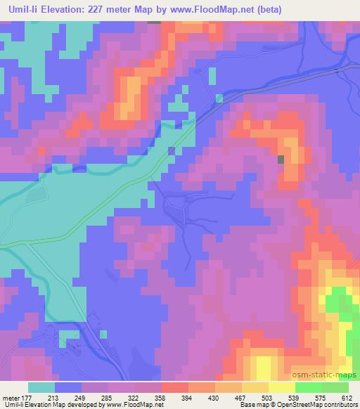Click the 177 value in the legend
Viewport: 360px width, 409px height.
pyautogui.click(x=27, y=397)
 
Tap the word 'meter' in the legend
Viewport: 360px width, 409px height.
pyautogui.click(x=11, y=397)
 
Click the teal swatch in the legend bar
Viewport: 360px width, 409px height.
pyautogui.click(x=41, y=387)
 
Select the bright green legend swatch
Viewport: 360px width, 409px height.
pyautogui.click(x=309, y=387)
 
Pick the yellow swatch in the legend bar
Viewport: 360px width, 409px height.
pyautogui.click(x=282, y=387)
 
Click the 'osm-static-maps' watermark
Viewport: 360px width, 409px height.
pyautogui.click(x=329, y=375)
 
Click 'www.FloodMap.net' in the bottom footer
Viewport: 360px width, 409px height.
pyautogui.click(x=136, y=405)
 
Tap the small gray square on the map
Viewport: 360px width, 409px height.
pyautogui.click(x=282, y=160)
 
